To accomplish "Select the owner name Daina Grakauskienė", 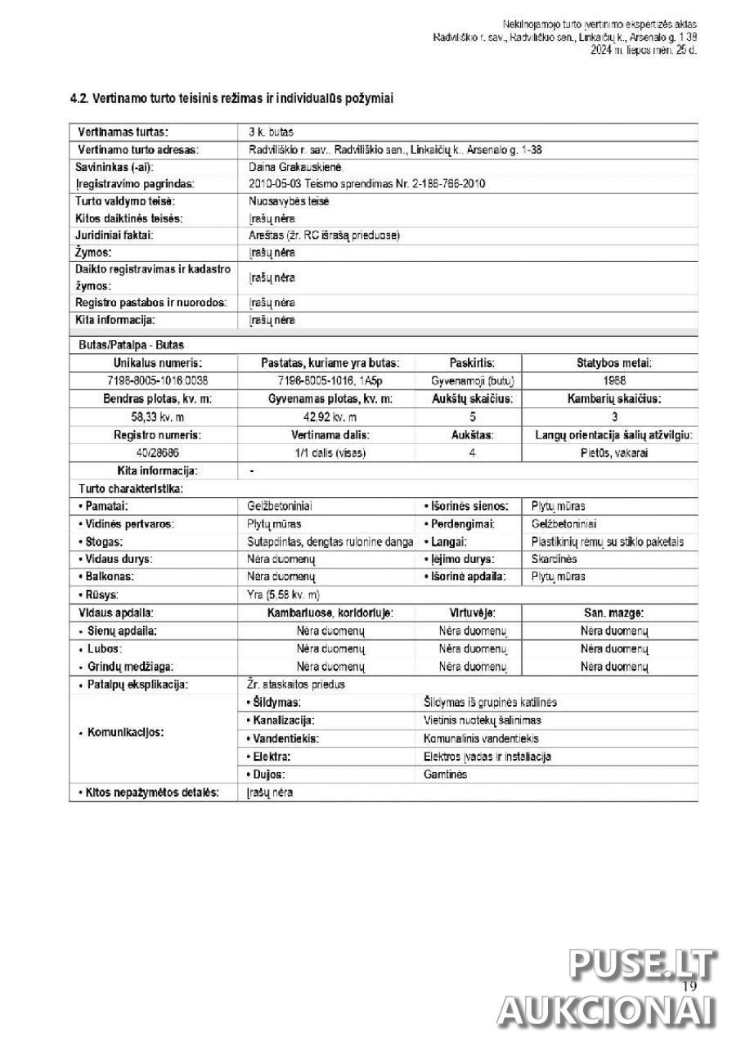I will pos(289,166).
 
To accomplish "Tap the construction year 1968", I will pos(609,380).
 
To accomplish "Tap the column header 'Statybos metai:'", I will pos(609,363).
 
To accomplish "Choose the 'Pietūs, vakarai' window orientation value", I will pos(609,452).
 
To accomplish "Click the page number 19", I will pos(688,986).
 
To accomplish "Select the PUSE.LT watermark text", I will pos(643,965).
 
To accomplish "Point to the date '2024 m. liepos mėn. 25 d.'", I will pos(644,50).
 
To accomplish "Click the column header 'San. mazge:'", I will pos(613,612).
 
